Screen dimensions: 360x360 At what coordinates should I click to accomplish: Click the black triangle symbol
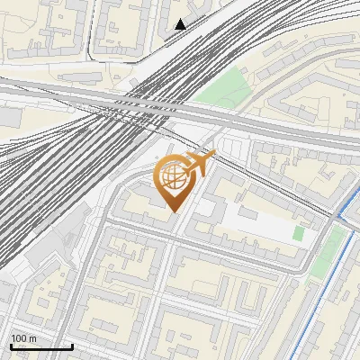[181, 24]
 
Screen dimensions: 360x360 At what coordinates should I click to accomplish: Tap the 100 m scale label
[24, 338]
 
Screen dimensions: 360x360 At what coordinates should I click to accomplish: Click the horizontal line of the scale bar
[40, 347]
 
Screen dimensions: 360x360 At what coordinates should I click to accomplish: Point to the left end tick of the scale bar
[10, 346]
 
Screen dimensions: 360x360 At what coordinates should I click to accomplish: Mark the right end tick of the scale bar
[72, 346]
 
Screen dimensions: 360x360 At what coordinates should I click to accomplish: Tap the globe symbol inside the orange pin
[174, 177]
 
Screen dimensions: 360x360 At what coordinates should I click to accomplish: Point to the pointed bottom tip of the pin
[175, 211]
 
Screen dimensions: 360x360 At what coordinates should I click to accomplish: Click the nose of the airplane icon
[212, 157]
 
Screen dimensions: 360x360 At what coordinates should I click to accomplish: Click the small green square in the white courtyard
[298, 233]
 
